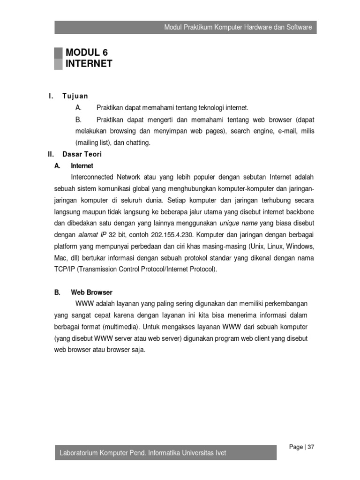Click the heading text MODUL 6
pos(87,52)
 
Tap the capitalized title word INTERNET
pos(89,64)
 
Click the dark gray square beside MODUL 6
pos(58,53)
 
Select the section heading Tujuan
pos(75,96)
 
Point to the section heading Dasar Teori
pos(82,154)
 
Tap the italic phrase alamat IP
pos(92,234)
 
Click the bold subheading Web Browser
pos(91,292)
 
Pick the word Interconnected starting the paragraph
pos(92,177)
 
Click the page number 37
pos(311,447)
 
